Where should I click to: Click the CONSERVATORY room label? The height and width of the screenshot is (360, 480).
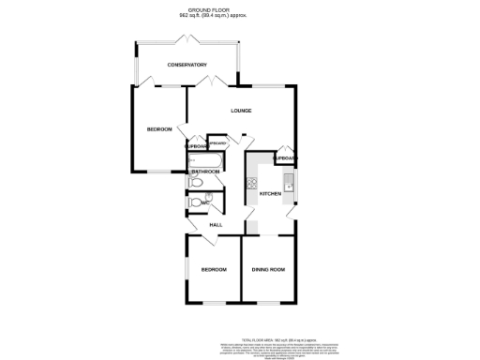coord(187,65)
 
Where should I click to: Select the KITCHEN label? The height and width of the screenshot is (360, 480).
coord(270,194)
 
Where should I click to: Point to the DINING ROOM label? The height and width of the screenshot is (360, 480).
coord(268,270)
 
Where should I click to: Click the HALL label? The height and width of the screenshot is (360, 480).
coord(215,226)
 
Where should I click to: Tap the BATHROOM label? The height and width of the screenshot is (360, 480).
coord(205,172)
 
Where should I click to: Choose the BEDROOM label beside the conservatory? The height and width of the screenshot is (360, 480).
coord(158,129)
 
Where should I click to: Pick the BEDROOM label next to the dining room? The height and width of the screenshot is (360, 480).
coord(214,270)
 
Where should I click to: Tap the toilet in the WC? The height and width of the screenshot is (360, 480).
coord(194,202)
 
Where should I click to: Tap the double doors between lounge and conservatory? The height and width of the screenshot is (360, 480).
coord(214,82)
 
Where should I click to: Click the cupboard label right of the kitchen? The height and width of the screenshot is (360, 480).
coord(286,160)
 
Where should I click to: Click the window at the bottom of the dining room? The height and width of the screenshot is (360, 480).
coord(268,303)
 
